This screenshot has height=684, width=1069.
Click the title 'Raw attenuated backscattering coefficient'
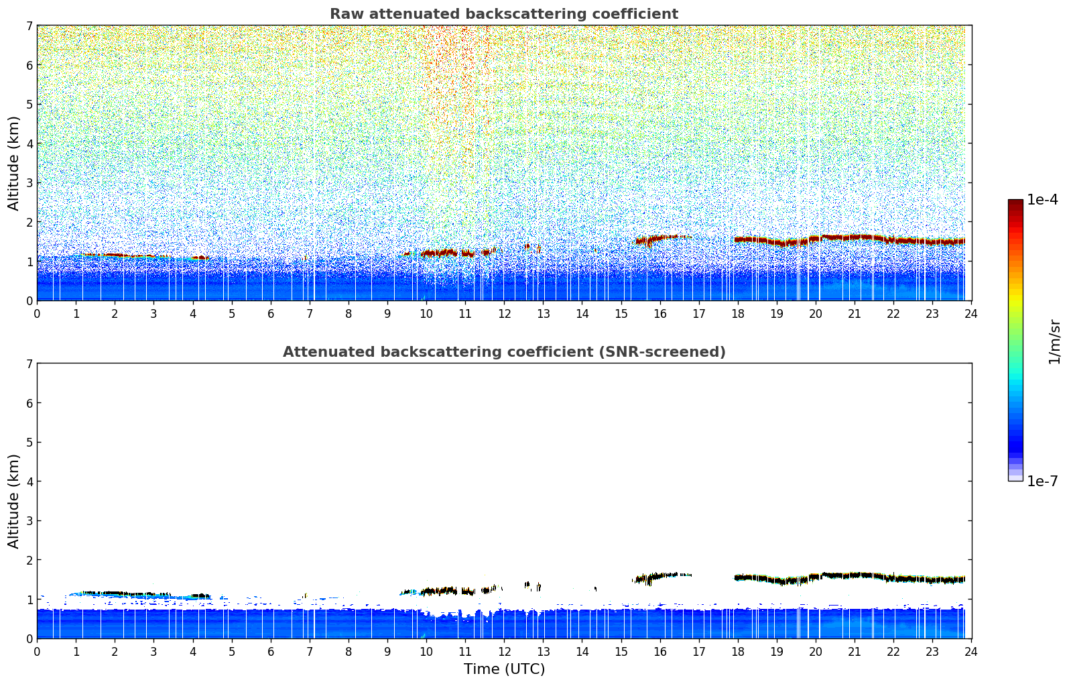[x=503, y=14]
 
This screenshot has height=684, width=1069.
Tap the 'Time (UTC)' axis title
[x=504, y=669]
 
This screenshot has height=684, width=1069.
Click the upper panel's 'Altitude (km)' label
[x=13, y=163]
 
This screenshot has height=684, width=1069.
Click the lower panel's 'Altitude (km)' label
[x=13, y=501]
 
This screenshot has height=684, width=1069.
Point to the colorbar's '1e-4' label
[x=1042, y=200]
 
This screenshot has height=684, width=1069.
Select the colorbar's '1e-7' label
[x=1042, y=481]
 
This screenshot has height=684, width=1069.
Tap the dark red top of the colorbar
[x=1015, y=203]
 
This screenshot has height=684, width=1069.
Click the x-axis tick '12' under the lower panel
[x=504, y=651]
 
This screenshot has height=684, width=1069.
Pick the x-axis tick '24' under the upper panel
[x=971, y=313]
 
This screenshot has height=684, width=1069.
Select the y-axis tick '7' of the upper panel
[x=29, y=25]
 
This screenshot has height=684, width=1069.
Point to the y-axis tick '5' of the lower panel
[x=29, y=442]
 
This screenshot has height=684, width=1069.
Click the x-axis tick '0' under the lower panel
[x=37, y=651]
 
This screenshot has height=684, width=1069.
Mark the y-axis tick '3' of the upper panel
[x=29, y=182]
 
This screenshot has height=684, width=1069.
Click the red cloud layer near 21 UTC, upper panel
[x=855, y=237]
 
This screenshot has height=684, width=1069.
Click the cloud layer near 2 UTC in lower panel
[x=114, y=593]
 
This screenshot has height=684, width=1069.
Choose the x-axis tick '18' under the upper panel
[x=738, y=313]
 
